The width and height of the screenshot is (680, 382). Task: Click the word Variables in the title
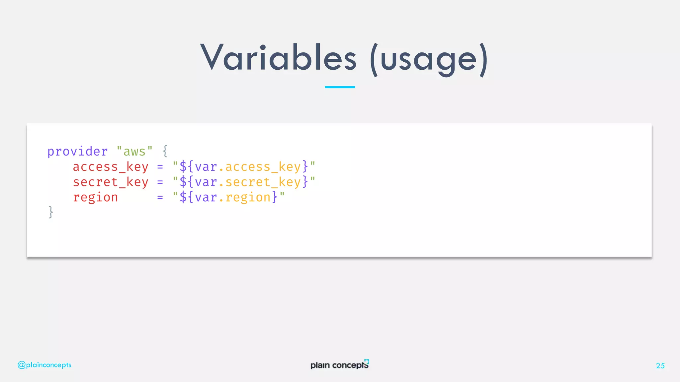[x=278, y=58]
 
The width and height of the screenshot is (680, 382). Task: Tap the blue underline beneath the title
[x=340, y=87]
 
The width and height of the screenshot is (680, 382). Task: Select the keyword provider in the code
[x=77, y=152]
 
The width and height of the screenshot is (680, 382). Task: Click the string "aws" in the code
[x=134, y=152]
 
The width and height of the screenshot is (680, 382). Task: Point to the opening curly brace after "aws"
[x=165, y=151]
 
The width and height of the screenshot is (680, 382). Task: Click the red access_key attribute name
[x=110, y=167]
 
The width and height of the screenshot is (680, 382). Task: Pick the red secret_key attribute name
[x=110, y=182]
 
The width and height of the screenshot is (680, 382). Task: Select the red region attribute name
[x=95, y=198]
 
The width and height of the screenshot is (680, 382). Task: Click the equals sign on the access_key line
[x=160, y=167]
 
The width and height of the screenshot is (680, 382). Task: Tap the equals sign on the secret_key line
[x=160, y=182]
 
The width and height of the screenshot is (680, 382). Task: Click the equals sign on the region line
[x=160, y=198]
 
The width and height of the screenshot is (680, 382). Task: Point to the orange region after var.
[x=248, y=198]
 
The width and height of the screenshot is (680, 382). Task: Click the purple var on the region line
[x=206, y=198]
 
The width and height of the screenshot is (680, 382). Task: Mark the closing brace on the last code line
[x=51, y=212]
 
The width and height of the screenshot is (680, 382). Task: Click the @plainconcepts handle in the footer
[x=44, y=365]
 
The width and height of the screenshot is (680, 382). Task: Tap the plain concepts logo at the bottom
[x=339, y=364]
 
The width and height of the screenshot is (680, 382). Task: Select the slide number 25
[x=660, y=365]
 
